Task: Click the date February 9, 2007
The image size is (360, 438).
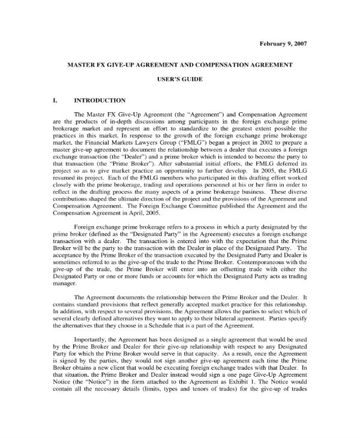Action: [x=283, y=44]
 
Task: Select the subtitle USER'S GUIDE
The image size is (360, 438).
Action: [x=179, y=79]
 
